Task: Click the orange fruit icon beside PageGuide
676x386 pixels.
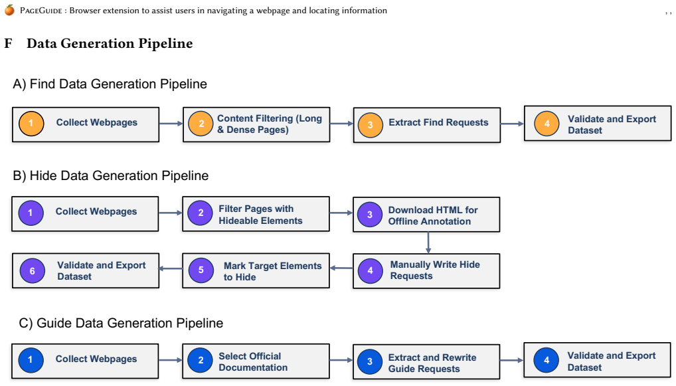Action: (9, 9)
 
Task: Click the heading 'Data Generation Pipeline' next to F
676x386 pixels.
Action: (110, 44)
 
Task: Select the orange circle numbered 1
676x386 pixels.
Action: (31, 124)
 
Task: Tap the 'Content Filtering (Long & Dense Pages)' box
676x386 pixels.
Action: (256, 125)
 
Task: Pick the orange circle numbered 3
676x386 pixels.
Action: (370, 125)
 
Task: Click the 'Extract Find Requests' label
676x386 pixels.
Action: (438, 122)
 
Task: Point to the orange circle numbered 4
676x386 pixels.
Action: (547, 124)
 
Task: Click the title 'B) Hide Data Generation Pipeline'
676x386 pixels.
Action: (111, 176)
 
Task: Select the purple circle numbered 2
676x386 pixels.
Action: (201, 213)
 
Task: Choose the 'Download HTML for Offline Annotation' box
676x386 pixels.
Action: (426, 215)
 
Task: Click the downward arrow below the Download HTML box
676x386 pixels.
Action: (428, 242)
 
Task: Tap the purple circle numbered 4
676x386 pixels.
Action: (370, 271)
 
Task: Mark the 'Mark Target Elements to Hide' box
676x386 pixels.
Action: (256, 271)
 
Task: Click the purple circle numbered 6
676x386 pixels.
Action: (33, 271)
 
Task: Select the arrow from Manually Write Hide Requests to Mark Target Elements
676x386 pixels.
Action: (341, 268)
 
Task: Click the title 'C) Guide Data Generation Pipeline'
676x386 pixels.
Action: (121, 324)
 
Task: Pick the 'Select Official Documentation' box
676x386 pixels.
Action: (256, 361)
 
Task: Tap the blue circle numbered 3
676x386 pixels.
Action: (369, 361)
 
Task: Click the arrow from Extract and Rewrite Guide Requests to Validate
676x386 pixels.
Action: (512, 360)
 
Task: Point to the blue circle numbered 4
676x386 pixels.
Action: (547, 360)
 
